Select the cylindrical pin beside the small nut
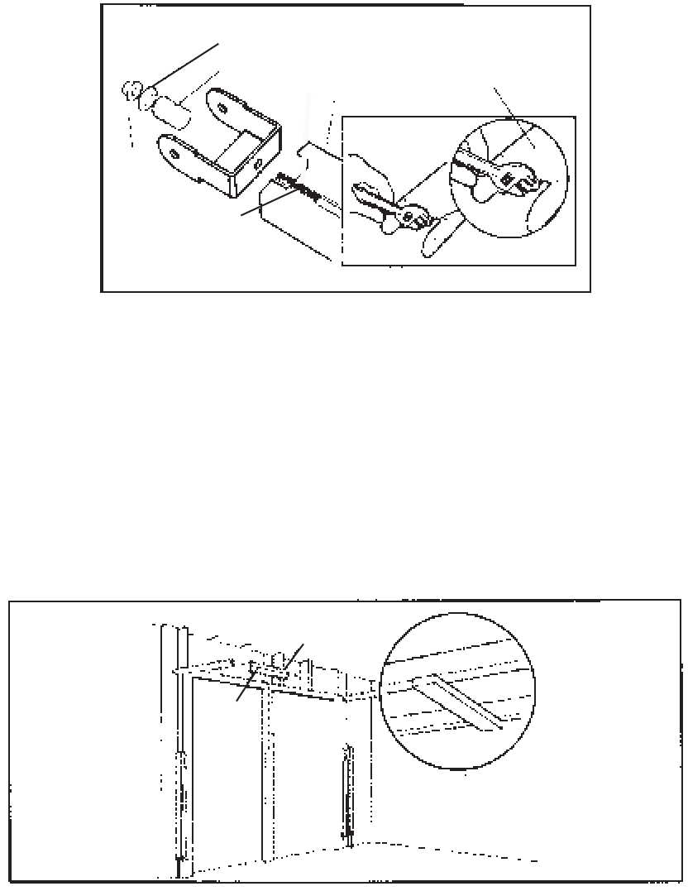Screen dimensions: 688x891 click(170, 111)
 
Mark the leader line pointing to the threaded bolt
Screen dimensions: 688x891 click(265, 204)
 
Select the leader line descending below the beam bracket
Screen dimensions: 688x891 click(244, 690)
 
